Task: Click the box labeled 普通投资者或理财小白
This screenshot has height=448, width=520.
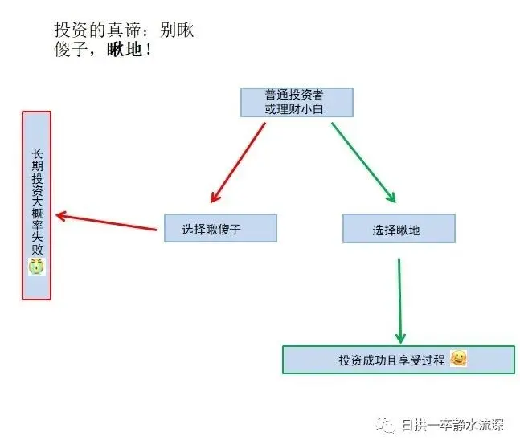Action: [x=297, y=102]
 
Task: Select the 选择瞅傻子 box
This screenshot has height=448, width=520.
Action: [x=220, y=228]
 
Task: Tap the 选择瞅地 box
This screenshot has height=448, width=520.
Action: [x=399, y=228]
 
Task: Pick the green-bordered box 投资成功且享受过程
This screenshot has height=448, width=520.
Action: [x=399, y=360]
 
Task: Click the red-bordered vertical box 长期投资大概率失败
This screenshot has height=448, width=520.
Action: [x=36, y=206]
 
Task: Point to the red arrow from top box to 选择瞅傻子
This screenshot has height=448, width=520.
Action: [x=238, y=162]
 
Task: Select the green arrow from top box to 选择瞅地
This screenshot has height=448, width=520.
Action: [x=364, y=162]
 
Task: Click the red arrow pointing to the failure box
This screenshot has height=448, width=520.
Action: [x=106, y=222]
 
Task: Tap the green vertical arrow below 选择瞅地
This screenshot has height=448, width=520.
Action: [x=400, y=301]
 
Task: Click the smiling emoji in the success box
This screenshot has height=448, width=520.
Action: [x=459, y=358]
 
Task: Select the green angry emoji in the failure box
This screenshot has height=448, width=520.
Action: [x=37, y=267]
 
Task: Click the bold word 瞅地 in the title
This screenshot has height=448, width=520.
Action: [x=125, y=50]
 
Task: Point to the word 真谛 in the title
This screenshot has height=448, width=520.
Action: [x=125, y=31]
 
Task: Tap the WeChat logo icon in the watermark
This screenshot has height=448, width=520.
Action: [x=385, y=425]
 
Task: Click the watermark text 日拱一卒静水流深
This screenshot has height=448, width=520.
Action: [x=453, y=425]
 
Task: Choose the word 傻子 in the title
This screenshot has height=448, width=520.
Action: [x=72, y=50]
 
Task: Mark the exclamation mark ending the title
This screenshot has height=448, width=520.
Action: [x=148, y=50]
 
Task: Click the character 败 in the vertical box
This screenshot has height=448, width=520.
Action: [x=37, y=249]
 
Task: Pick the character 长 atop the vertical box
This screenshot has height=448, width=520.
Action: [x=37, y=154]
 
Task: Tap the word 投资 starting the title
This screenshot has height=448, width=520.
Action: [x=72, y=31]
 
